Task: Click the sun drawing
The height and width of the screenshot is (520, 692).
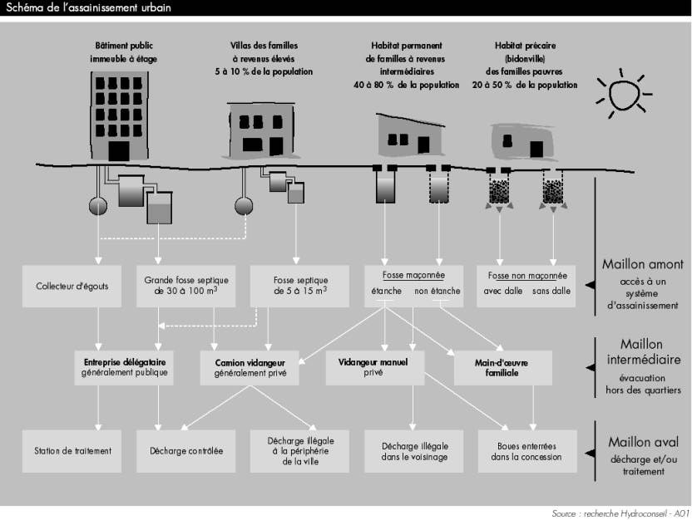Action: pos(624,94)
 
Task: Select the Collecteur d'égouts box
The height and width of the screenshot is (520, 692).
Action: pos(72,286)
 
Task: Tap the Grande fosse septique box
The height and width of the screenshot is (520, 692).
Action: pos(185,286)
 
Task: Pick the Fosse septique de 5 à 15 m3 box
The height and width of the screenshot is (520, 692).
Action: pos(299,286)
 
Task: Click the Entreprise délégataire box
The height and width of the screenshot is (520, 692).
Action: pos(124,367)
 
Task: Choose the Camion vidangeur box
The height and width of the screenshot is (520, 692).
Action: pos(250,367)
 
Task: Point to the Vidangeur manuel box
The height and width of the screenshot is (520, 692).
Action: pos(375,367)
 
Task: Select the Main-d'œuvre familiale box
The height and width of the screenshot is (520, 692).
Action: pos(502,367)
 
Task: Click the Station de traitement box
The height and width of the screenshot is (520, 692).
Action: pos(72,451)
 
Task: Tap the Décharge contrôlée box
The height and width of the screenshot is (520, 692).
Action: pos(185,451)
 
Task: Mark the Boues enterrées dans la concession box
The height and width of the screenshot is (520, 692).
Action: pos(527,451)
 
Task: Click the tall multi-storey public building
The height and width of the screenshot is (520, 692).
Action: pos(119,116)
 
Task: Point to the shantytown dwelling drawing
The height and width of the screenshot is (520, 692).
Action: pos(523,141)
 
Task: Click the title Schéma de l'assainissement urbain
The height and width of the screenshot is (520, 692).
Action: pos(88,7)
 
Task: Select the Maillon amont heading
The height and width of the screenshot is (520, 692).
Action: pos(643,264)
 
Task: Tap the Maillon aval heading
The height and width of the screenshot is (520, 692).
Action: pos(643,442)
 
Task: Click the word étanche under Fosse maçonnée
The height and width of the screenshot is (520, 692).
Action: pos(386,291)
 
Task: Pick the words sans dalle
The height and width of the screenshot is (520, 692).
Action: pos(551,291)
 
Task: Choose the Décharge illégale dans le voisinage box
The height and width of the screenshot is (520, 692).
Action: pos(413,451)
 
